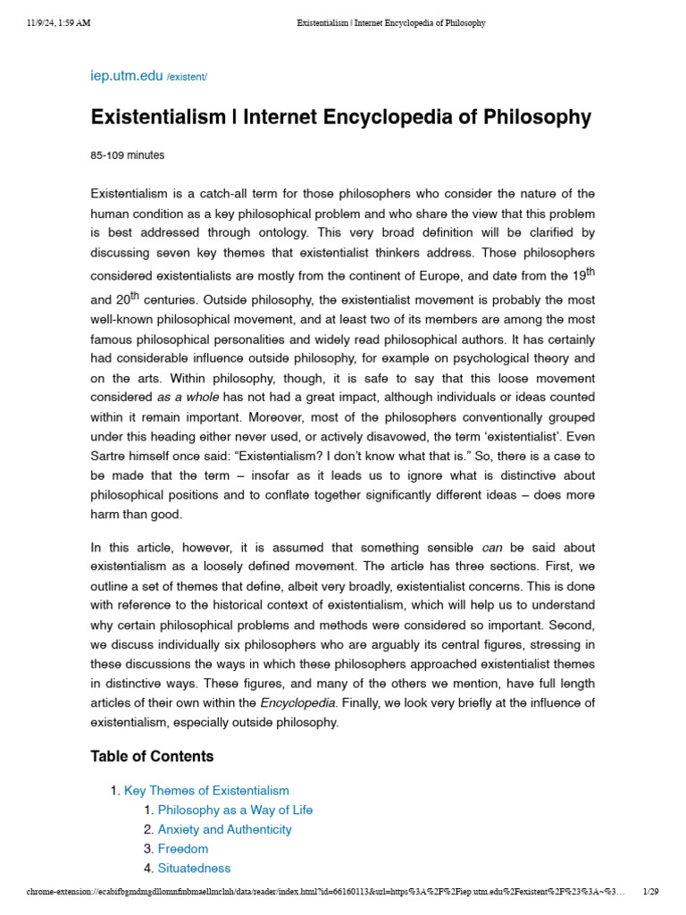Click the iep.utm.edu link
[x=127, y=77]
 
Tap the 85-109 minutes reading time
[x=127, y=155]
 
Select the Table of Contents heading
[x=152, y=756]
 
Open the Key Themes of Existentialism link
[x=206, y=791]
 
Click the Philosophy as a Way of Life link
[x=235, y=810]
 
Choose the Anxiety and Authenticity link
[x=224, y=829]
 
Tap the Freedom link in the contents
[x=183, y=849]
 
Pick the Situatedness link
[x=194, y=869]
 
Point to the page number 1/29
[x=650, y=892]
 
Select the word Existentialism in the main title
[x=157, y=117]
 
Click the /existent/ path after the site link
[x=187, y=79]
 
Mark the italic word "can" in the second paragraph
[x=492, y=547]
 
